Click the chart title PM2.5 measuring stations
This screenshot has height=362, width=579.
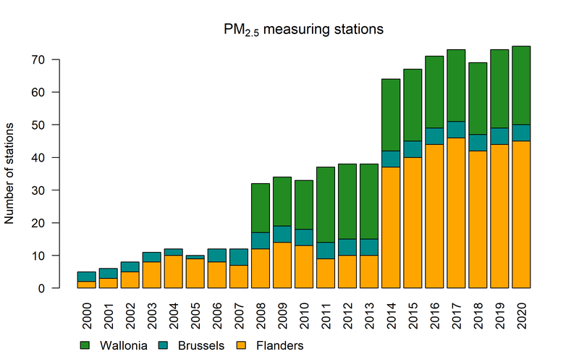point(303,30)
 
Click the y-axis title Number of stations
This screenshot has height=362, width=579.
point(11,174)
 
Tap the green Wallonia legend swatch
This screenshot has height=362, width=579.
point(85,346)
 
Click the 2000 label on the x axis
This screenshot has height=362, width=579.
point(87,313)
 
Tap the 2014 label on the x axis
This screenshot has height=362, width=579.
point(391,313)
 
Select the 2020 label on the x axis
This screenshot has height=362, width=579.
point(521,313)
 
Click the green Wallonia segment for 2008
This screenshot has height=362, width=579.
point(261,208)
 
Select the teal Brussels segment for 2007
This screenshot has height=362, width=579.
point(239,257)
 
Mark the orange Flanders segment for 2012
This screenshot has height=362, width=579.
point(347,271)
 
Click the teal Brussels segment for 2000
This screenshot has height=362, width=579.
point(87,277)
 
